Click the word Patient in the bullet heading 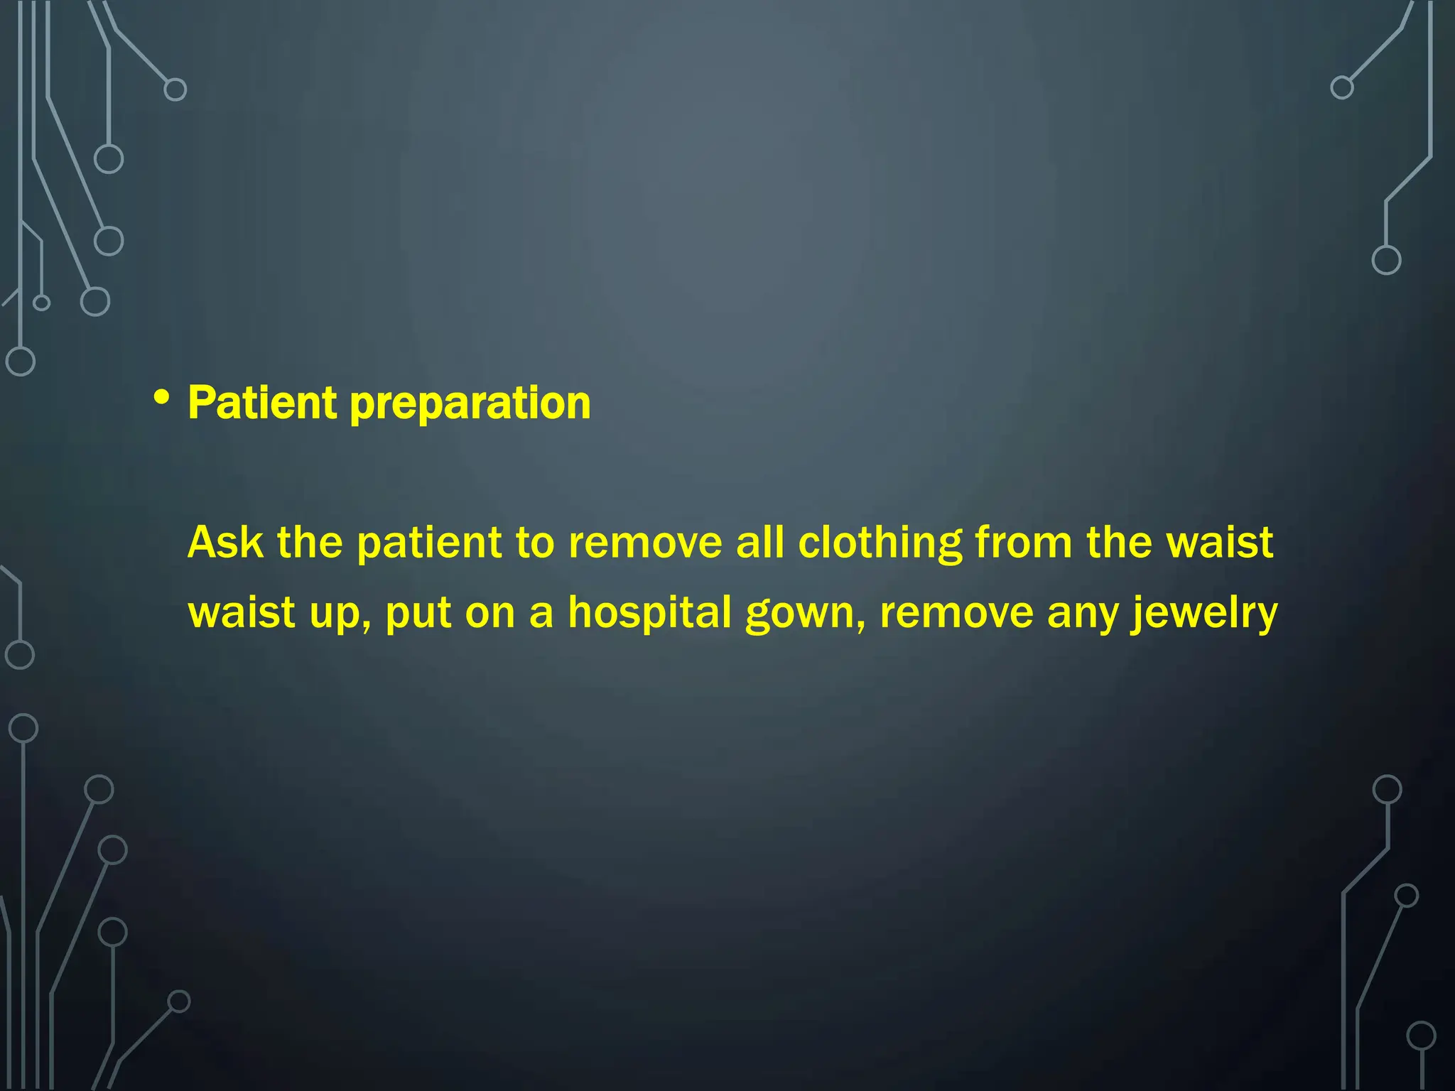click(x=262, y=403)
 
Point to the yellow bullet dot click(x=162, y=398)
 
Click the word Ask click(x=225, y=543)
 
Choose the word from click(x=1024, y=543)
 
